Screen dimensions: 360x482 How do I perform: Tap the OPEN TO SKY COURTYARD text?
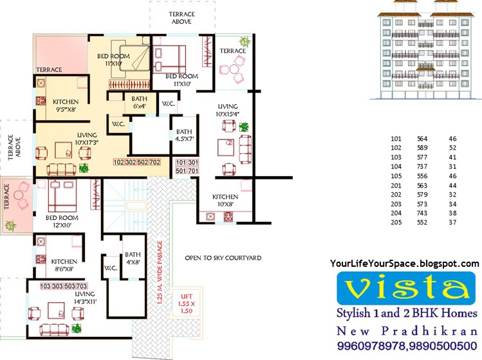[223, 258]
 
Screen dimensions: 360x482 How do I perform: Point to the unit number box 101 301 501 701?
[187, 166]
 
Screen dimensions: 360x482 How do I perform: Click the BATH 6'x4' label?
[140, 102]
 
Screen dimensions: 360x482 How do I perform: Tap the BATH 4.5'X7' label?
[184, 136]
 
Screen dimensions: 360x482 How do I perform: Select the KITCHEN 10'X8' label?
[225, 201]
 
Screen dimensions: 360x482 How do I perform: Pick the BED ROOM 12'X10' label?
[62, 222]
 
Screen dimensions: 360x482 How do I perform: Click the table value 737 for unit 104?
[422, 166]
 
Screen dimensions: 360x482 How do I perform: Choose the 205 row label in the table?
[396, 222]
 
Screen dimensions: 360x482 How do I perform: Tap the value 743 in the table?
[422, 213]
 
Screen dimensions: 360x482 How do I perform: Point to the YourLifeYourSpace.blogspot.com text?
[404, 264]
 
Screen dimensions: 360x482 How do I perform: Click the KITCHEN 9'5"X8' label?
[66, 105]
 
